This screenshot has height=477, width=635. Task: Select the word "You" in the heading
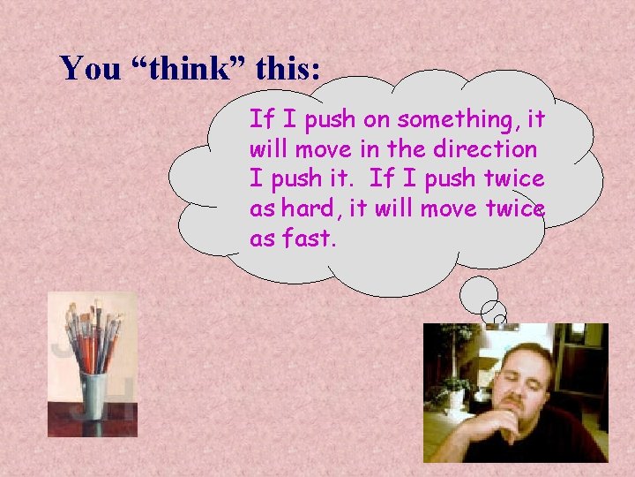tap(86, 68)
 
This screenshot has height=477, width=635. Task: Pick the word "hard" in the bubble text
tap(313, 208)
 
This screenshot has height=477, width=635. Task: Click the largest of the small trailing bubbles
tap(480, 291)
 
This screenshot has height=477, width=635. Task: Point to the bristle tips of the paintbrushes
tap(91, 312)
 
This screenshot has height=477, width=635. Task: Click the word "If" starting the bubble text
tap(261, 118)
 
